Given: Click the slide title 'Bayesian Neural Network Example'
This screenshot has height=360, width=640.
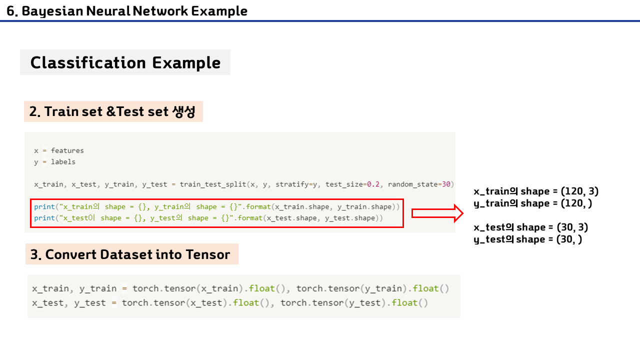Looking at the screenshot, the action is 127,10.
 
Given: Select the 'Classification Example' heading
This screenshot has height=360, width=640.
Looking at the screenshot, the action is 125,62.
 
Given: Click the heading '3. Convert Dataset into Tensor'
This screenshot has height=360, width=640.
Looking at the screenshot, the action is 130,254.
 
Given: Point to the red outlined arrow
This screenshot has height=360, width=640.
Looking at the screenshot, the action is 437,213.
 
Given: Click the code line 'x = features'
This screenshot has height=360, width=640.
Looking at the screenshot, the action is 59,150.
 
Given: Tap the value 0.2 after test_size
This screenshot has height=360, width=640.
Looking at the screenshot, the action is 373,184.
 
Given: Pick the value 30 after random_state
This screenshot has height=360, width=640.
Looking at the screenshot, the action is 446,184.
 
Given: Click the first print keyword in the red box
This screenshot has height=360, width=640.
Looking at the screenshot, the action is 44,206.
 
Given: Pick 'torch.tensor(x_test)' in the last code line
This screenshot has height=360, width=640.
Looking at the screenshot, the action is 175,303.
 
